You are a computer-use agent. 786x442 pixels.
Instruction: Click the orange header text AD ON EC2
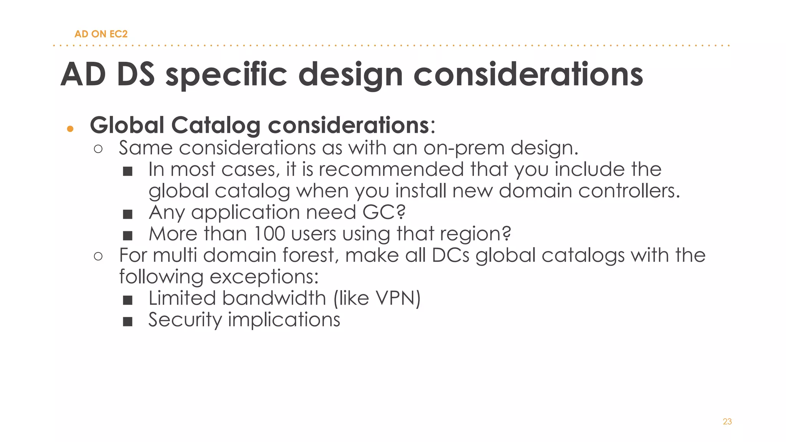101,34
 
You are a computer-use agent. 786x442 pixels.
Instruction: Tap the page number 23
727,422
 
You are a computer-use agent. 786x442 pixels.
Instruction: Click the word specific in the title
226,74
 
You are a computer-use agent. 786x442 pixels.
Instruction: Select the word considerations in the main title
528,74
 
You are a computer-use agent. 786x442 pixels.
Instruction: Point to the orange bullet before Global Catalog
70,129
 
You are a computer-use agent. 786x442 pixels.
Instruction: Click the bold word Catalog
215,125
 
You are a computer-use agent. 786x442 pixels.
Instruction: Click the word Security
185,320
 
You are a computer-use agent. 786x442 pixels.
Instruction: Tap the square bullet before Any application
128,214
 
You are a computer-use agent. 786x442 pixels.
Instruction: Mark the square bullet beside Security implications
128,322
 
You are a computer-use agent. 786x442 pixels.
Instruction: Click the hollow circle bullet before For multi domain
98,256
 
